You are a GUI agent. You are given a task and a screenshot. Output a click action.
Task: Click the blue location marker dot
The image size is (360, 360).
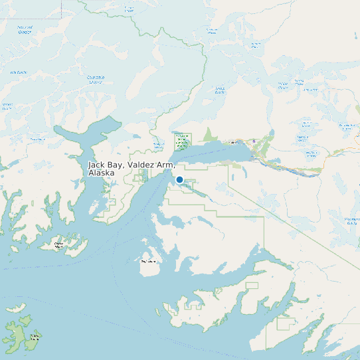tap(179, 179)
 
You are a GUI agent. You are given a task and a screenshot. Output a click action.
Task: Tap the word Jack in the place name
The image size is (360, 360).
tap(97, 164)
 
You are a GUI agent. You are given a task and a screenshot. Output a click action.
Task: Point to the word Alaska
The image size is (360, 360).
tap(101, 173)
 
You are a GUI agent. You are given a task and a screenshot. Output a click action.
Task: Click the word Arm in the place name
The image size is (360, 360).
tap(166, 164)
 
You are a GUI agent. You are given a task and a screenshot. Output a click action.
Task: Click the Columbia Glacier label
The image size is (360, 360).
tap(96, 80)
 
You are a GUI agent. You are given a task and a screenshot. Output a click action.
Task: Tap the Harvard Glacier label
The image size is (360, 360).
tap(25, 30)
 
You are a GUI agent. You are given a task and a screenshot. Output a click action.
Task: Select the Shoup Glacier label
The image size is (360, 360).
tap(219, 90)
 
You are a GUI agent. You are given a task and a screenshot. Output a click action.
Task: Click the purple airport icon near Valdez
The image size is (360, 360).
tap(253, 140)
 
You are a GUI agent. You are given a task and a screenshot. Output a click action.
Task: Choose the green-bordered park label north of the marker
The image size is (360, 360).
tap(181, 141)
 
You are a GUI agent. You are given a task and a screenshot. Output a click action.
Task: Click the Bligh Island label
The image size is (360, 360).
tap(147, 261)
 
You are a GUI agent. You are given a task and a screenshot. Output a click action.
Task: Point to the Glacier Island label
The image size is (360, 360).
tap(58, 245)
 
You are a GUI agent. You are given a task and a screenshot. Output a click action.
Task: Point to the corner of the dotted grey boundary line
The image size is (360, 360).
tap(62, 17)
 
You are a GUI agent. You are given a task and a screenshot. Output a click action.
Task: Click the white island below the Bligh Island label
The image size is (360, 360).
tap(149, 268)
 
